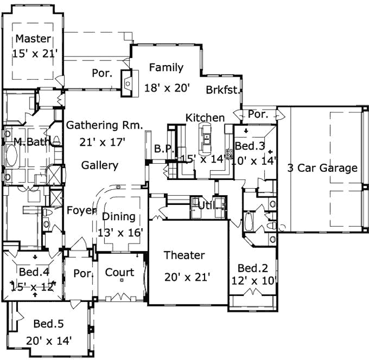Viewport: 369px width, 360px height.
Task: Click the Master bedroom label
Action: coord(33,39)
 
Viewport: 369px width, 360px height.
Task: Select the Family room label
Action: coord(166,68)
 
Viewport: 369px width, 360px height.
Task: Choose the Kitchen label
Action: coord(205,118)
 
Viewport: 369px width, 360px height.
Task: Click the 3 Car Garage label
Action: coord(322,168)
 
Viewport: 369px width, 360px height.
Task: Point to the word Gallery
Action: coord(100,165)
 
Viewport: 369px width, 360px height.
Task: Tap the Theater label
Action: coord(184,255)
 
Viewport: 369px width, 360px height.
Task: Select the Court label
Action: coord(120,273)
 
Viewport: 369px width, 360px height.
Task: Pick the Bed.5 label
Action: coord(48,323)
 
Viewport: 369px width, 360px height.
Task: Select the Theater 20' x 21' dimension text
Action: coord(187,277)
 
